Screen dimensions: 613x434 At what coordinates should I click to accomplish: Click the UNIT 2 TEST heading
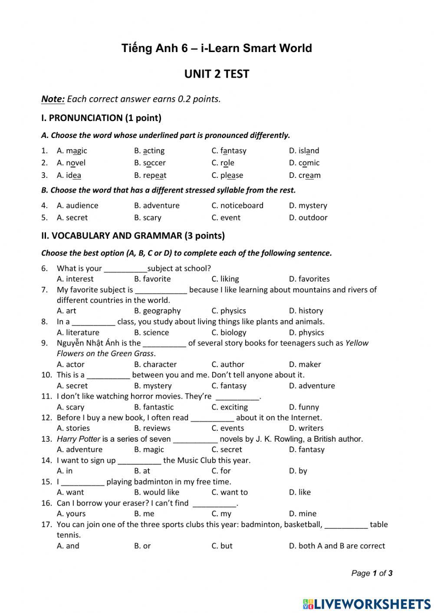pyautogui.click(x=217, y=74)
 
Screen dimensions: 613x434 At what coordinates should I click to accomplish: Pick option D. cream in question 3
pyautogui.click(x=305, y=175)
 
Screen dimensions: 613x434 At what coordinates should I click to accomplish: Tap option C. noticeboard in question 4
pyautogui.click(x=237, y=205)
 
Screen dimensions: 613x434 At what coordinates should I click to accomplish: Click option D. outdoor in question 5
pyautogui.click(x=308, y=217)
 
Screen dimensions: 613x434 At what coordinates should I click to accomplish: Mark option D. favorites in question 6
pyautogui.click(x=309, y=279)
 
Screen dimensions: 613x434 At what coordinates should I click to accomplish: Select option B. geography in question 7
pyautogui.click(x=157, y=311)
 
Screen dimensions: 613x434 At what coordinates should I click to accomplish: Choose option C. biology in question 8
pyautogui.click(x=229, y=332)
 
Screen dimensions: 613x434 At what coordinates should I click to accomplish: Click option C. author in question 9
pyautogui.click(x=228, y=364)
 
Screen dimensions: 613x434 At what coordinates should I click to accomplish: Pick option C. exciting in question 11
pyautogui.click(x=230, y=407)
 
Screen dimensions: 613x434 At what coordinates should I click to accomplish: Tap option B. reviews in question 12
pyautogui.click(x=152, y=428)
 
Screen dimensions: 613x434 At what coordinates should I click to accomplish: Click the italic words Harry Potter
pyautogui.click(x=79, y=439)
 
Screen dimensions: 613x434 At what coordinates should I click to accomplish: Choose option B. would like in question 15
pyautogui.click(x=156, y=492)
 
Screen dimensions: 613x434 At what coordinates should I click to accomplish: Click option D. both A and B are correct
pyautogui.click(x=337, y=545)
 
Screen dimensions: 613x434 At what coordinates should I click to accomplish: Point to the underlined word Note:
pyautogui.click(x=53, y=99)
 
